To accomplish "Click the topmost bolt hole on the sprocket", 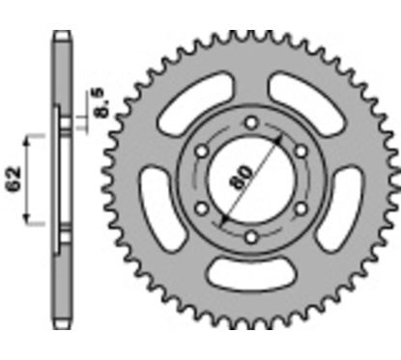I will (x=248, y=123).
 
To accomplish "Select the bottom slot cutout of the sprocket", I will (x=248, y=281).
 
